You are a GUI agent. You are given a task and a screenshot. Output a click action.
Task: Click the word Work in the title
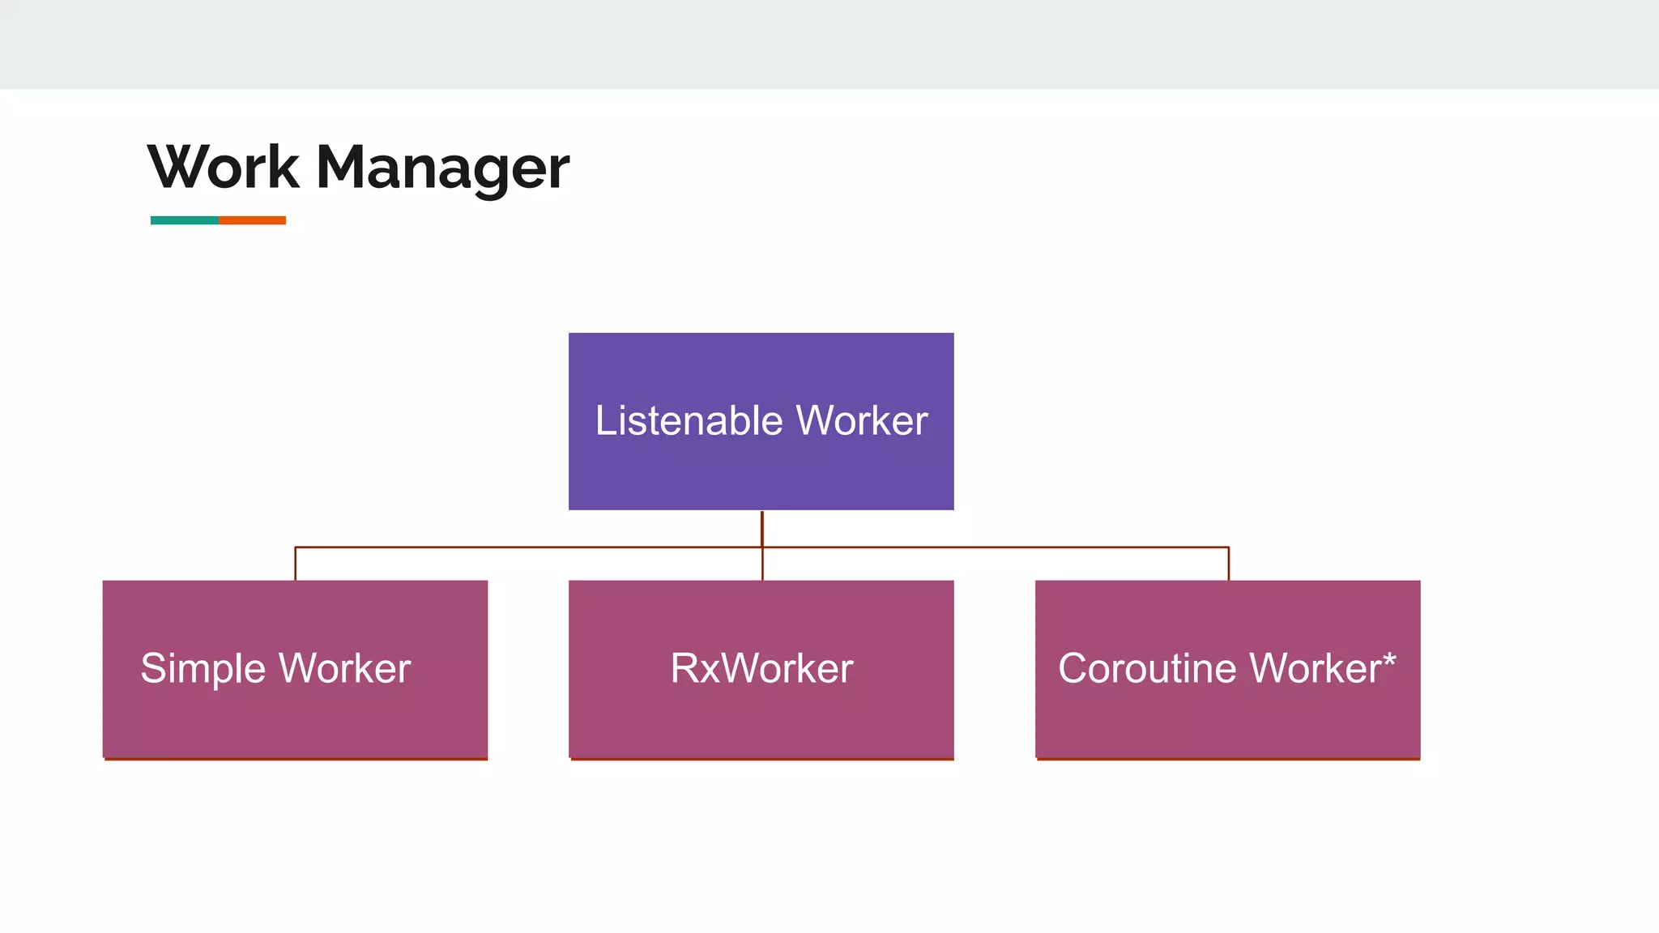(x=224, y=168)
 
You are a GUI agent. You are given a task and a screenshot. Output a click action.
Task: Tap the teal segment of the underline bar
(x=185, y=220)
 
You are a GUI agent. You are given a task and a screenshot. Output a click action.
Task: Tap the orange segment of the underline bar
(x=253, y=220)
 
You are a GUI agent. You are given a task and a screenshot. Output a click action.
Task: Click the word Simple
(x=203, y=669)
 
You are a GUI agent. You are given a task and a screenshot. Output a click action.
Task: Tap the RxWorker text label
(x=761, y=668)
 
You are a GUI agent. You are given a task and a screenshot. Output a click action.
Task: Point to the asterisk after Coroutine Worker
(x=1389, y=660)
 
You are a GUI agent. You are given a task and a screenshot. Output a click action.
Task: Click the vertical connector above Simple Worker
(x=296, y=564)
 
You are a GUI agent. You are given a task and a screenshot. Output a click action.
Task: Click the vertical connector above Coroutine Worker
(x=1228, y=564)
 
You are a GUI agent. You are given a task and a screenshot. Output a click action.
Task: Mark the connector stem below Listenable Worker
(x=761, y=528)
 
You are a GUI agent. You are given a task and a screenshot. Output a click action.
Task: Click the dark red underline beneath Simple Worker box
(x=296, y=759)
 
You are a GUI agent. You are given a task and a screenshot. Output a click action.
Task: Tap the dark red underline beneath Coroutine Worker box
(x=1228, y=759)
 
